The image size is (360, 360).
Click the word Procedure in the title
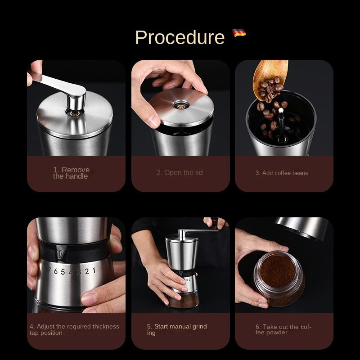pos(180,37)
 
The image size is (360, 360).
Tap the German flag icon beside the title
pos(239,33)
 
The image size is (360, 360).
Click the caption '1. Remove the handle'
pos(71,173)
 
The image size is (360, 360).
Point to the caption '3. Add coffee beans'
pos(282,173)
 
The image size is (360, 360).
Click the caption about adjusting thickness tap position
pos(74,329)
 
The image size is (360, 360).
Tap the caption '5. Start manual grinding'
pos(178,329)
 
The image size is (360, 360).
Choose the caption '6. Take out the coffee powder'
pos(283,329)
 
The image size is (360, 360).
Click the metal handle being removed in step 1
pos(61,85)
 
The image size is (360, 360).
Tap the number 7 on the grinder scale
pos(49,271)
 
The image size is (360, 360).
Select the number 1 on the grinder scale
pos(94,270)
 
